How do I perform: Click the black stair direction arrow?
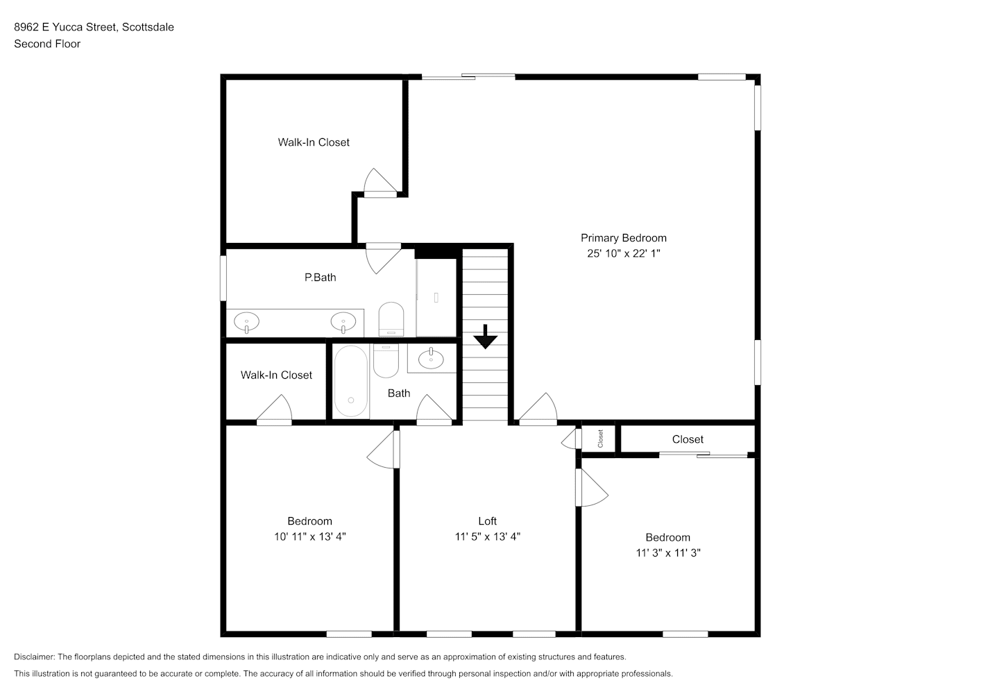pos(485,337)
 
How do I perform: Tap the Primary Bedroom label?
pos(624,238)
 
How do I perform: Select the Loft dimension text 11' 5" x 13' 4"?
pos(488,536)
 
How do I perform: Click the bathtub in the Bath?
pos(351,381)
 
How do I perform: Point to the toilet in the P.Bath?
pos(391,319)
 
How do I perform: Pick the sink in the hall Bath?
pos(431,359)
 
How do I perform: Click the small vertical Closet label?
pos(600,439)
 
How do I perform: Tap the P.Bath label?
pos(320,278)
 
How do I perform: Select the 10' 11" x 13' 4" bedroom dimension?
pos(310,536)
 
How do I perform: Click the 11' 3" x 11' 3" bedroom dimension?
pos(668,552)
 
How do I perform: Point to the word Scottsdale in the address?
pos(148,27)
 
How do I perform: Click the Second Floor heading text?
pos(47,44)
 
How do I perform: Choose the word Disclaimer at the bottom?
pos(34,657)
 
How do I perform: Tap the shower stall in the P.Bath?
pos(436,298)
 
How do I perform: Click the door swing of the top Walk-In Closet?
pos(379,181)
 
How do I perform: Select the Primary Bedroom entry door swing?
pos(538,409)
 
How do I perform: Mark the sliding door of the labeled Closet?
pos(703,455)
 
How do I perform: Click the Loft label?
pos(488,521)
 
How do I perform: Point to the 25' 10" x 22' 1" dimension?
pos(624,253)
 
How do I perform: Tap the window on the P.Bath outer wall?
pos(223,278)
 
